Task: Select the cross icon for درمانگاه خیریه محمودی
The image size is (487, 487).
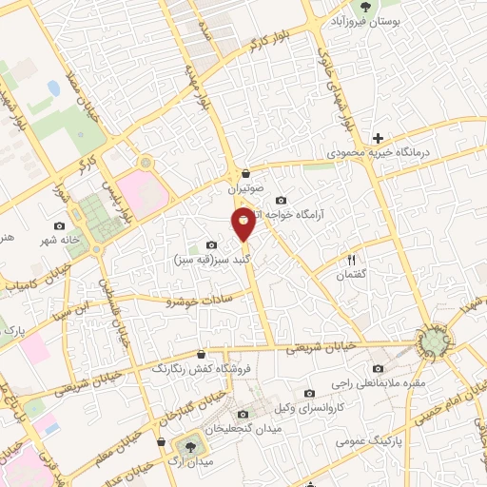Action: click(378, 138)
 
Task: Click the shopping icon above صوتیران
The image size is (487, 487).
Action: click(246, 174)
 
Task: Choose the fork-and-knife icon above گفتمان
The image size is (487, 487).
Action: click(351, 260)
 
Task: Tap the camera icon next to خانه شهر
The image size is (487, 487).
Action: click(61, 226)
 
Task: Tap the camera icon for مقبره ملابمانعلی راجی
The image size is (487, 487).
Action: click(379, 369)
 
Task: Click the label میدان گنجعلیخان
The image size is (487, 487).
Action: click(244, 428)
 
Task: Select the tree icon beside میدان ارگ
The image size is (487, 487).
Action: click(187, 444)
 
